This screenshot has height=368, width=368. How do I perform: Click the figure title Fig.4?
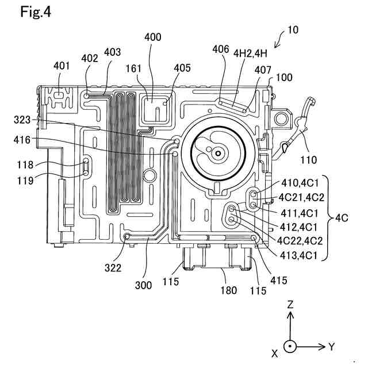[x=36, y=12]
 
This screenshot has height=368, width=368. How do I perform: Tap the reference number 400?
[x=153, y=37]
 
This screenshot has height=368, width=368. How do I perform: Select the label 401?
[x=62, y=66]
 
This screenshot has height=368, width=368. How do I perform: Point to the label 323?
[x=22, y=120]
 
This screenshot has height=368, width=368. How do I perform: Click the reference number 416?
[x=22, y=140]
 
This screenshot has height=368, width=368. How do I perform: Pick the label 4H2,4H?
[x=250, y=53]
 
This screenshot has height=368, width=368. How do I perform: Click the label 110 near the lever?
[x=309, y=160]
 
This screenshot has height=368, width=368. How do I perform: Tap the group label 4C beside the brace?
[x=342, y=218]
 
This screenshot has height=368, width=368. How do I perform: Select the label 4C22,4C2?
[x=300, y=241]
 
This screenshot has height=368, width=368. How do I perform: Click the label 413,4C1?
[x=299, y=255]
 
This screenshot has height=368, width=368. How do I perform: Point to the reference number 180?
[x=229, y=290]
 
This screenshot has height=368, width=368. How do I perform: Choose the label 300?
[x=143, y=285]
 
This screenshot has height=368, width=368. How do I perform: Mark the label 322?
[x=113, y=268]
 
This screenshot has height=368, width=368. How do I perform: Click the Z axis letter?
[x=290, y=304]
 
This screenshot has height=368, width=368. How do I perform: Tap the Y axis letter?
[x=331, y=346]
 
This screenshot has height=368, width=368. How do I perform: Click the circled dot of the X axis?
[x=290, y=346]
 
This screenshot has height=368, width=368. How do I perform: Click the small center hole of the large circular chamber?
[x=218, y=154]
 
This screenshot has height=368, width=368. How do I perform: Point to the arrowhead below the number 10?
[x=276, y=45]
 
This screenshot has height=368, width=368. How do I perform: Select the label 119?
[x=25, y=181]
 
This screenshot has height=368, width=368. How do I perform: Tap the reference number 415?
[x=279, y=280]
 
